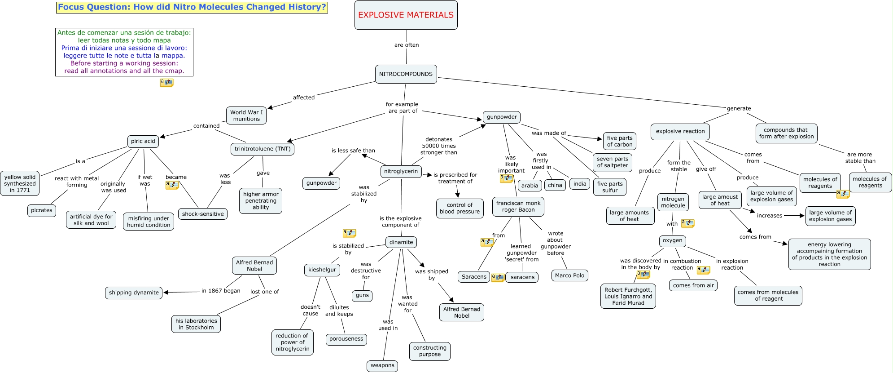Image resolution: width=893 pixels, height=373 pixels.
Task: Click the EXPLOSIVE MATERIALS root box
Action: tap(406, 15)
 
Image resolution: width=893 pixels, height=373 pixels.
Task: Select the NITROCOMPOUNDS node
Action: tap(406, 74)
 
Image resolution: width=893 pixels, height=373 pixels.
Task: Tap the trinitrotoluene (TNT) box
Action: tap(263, 149)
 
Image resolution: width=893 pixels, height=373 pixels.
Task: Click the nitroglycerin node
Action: tap(401, 171)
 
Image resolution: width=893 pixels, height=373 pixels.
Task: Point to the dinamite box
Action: tap(401, 242)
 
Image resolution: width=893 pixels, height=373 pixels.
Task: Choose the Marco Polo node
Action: tap(569, 275)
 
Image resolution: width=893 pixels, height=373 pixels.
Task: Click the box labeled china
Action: tap(555, 185)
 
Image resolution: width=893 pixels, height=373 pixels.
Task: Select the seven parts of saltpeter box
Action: tap(613, 162)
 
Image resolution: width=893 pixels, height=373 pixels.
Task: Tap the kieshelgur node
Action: tap(322, 270)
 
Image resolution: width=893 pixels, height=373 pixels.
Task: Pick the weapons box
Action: tap(382, 365)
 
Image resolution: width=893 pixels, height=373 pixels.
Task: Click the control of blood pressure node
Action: tap(460, 208)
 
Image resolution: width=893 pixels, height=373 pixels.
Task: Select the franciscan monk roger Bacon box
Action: tap(518, 207)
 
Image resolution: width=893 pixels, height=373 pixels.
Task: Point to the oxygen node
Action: tap(672, 240)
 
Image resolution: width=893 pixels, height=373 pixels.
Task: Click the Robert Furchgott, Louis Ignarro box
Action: tap(628, 296)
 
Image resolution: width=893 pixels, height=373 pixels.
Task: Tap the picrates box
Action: tap(42, 210)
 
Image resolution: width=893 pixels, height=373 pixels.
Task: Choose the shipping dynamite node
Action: tap(134, 293)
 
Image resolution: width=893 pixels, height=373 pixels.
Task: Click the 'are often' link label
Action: tap(407, 45)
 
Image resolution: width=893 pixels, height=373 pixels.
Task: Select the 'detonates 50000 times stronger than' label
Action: tap(439, 146)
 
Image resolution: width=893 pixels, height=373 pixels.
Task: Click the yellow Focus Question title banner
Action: tap(192, 7)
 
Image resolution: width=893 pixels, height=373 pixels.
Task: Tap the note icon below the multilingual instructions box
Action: tap(166, 83)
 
